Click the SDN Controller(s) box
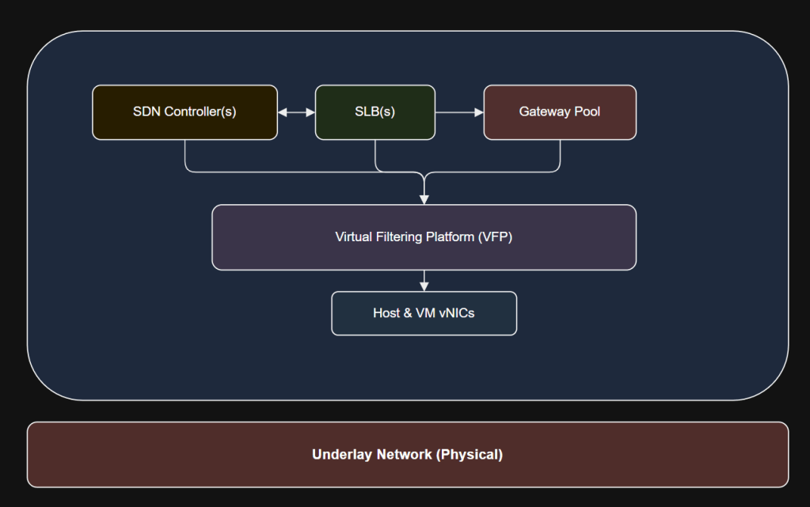click(x=184, y=112)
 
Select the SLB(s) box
click(x=375, y=112)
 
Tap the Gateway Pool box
click(x=559, y=112)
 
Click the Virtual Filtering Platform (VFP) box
click(x=424, y=237)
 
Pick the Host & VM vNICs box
click(x=424, y=313)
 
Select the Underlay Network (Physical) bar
click(x=408, y=455)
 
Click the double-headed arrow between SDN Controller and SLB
click(x=296, y=112)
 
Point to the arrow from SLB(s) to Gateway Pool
click(x=459, y=112)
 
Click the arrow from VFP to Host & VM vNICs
click(x=424, y=280)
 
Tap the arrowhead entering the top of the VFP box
click(x=424, y=199)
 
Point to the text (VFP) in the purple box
click(x=496, y=237)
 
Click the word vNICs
click(x=456, y=313)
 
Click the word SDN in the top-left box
click(x=146, y=112)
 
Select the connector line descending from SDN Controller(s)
click(x=185, y=154)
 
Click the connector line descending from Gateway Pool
click(x=560, y=154)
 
